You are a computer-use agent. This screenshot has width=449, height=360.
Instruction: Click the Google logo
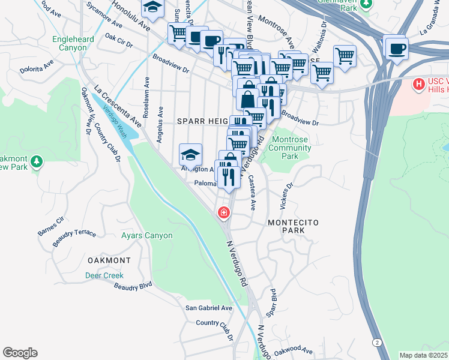tap(20, 353)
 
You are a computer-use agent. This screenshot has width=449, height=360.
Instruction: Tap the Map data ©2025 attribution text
tap(424, 355)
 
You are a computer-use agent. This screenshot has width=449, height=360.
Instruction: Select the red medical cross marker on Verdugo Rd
tap(224, 212)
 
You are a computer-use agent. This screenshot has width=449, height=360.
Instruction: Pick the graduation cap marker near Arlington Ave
tap(190, 155)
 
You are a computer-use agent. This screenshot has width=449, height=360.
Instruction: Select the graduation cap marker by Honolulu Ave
tap(152, 8)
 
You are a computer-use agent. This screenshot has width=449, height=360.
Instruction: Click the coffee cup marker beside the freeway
tap(396, 48)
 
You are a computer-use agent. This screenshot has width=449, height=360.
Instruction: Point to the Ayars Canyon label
tap(146, 236)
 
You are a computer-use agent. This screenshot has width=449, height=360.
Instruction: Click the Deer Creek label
tap(104, 275)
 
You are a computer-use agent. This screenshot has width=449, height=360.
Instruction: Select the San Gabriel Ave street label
tap(208, 308)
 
